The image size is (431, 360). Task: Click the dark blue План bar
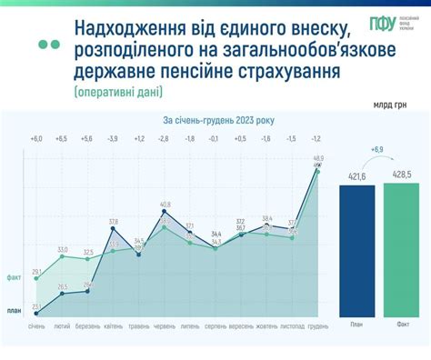356,251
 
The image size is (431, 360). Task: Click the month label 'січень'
36,326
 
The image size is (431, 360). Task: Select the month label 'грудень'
318,326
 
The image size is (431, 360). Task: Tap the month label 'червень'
165,326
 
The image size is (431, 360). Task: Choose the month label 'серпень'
215,326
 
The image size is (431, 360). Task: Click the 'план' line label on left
14,311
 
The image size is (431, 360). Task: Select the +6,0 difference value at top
36,138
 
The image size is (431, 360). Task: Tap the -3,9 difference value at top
113,138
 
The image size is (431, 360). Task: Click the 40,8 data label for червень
165,205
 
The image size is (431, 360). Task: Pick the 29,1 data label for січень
36,272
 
